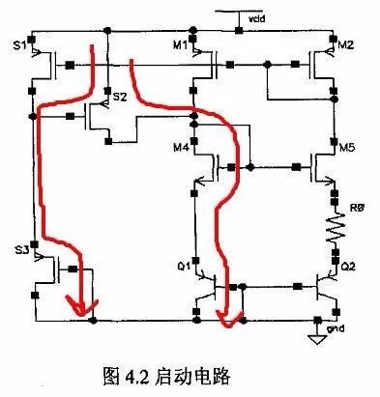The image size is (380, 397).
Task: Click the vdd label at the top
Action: [x=253, y=17]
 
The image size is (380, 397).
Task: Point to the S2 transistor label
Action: [x=120, y=97]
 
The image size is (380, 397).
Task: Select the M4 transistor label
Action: [x=181, y=147]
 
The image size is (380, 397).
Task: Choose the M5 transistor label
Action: [x=346, y=147]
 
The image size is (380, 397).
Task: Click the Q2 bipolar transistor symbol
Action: [x=323, y=287]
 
